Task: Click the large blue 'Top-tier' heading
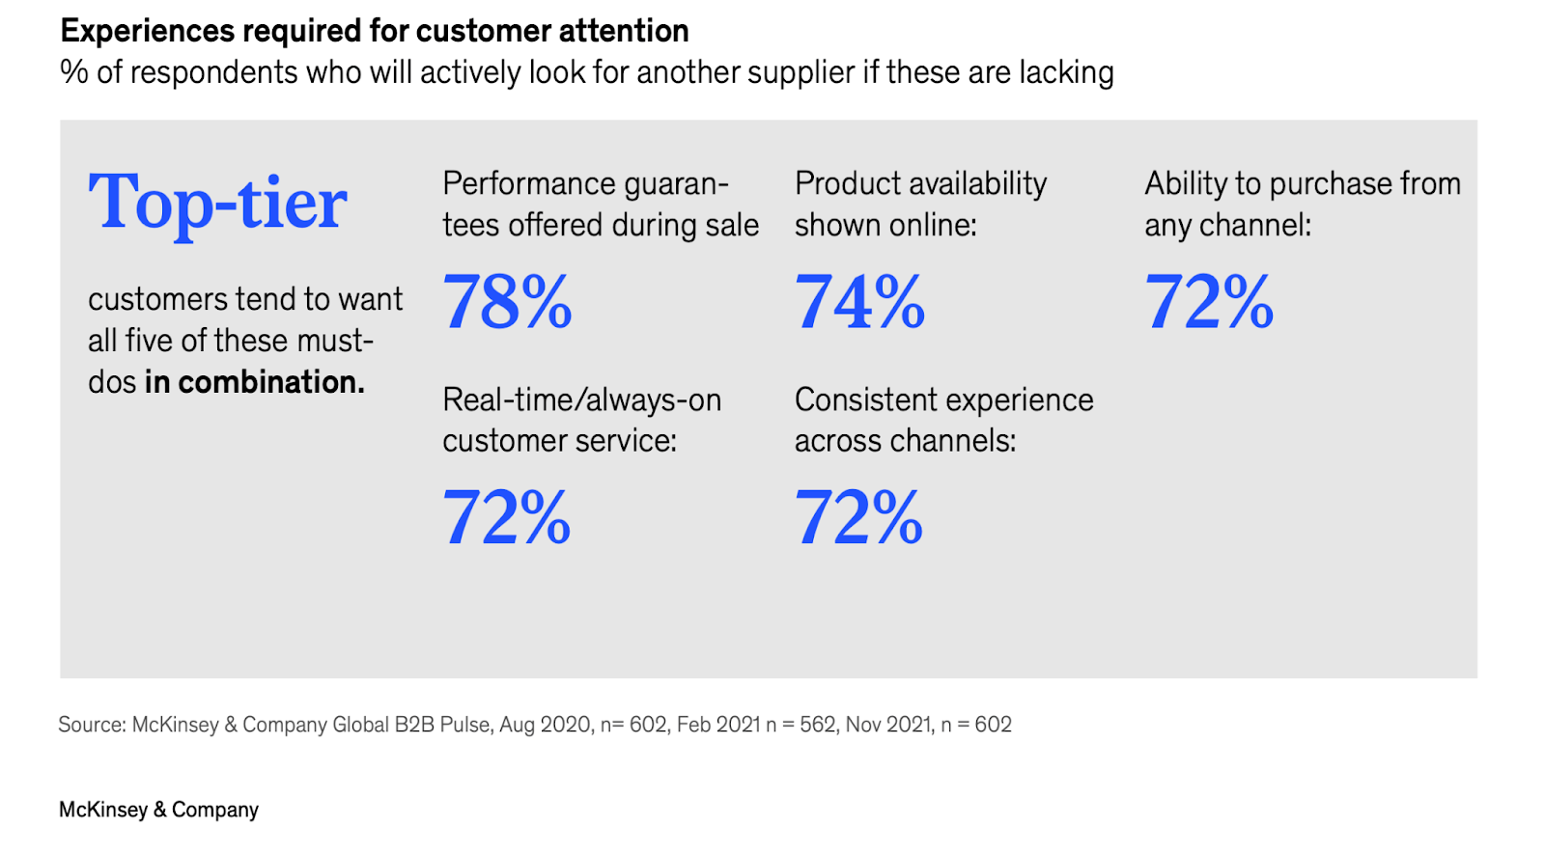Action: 217,204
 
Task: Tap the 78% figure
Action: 507,301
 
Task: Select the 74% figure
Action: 859,301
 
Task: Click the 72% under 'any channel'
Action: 1209,301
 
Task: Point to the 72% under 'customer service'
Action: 507,517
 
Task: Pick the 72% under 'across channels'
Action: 858,517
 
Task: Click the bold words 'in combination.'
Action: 255,382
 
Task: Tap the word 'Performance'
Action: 529,184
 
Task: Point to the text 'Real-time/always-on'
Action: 582,400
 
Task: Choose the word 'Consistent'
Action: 859,399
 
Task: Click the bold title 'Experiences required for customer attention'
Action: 375,31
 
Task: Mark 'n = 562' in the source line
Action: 801,725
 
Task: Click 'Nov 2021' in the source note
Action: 888,725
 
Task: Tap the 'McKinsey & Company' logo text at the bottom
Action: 158,810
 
